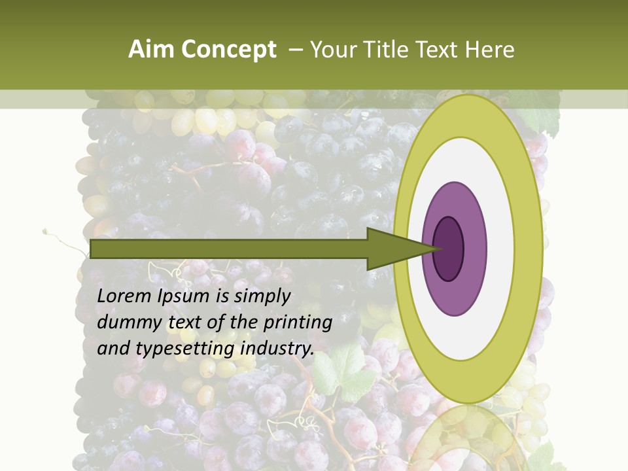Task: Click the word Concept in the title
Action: (x=228, y=50)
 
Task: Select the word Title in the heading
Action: (x=383, y=50)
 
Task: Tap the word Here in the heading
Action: (x=489, y=50)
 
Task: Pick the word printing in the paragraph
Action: (x=298, y=323)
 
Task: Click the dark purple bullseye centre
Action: (x=449, y=249)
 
